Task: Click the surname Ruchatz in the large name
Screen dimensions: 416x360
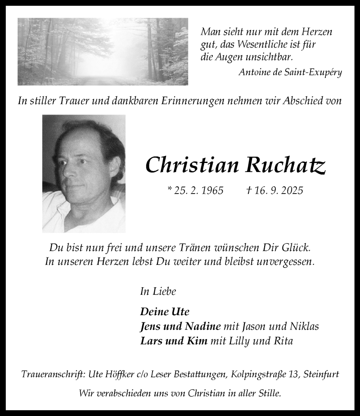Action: pyautogui.click(x=285, y=166)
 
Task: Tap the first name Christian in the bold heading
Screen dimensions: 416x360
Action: pyautogui.click(x=192, y=166)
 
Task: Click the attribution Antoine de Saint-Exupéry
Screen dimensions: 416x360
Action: pyautogui.click(x=290, y=72)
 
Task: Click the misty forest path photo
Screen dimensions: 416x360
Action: pyautogui.click(x=103, y=51)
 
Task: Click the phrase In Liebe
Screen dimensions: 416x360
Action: pyautogui.click(x=158, y=291)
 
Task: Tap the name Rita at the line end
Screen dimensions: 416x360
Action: pyautogui.click(x=283, y=341)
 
